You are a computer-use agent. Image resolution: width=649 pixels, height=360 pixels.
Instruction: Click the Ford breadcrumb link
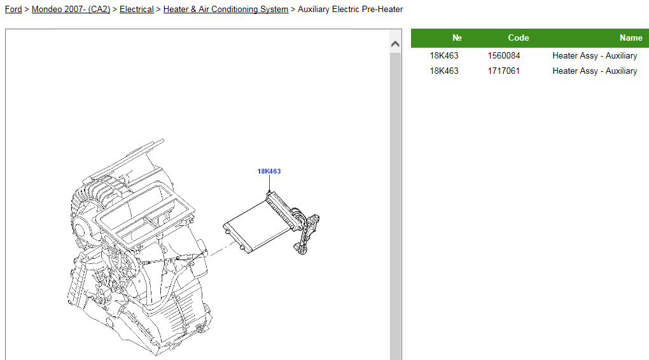(x=13, y=9)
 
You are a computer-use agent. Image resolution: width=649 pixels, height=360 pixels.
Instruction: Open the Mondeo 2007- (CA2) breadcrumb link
(x=71, y=9)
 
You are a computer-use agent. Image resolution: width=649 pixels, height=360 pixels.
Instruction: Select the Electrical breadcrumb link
(x=137, y=9)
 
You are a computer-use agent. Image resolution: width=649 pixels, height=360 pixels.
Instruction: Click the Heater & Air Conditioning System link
(x=226, y=9)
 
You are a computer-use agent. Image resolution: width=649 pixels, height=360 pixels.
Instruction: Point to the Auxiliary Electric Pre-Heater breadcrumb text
(x=350, y=9)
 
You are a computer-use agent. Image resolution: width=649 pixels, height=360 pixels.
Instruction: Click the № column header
(x=457, y=38)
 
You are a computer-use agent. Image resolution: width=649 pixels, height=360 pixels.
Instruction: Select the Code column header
(x=518, y=38)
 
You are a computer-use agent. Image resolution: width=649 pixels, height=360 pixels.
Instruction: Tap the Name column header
(x=631, y=38)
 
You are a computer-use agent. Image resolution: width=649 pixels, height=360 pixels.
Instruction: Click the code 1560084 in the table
(x=504, y=55)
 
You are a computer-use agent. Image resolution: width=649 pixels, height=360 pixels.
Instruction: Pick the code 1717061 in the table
(x=504, y=71)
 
